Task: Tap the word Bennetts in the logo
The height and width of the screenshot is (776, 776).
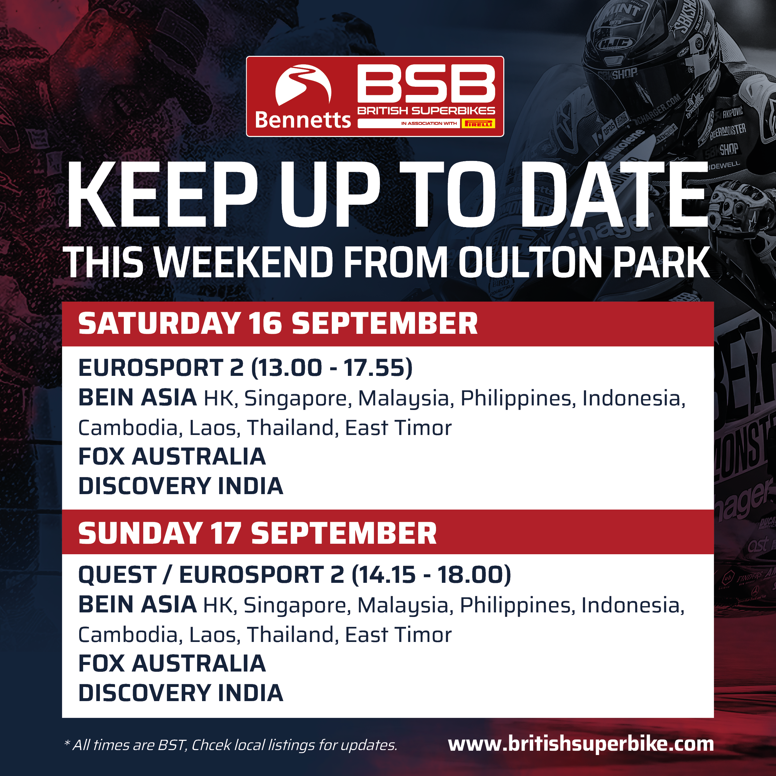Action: pyautogui.click(x=303, y=120)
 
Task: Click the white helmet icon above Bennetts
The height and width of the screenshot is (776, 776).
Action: pyautogui.click(x=303, y=85)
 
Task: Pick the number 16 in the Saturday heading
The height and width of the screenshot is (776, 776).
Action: pyautogui.click(x=265, y=323)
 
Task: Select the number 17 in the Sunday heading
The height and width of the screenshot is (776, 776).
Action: pyautogui.click(x=226, y=534)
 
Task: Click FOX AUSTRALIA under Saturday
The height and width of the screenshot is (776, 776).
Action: pyautogui.click(x=172, y=457)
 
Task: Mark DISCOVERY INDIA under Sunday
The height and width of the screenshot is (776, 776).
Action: pyautogui.click(x=181, y=693)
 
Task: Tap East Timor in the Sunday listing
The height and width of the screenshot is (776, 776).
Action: pyautogui.click(x=399, y=635)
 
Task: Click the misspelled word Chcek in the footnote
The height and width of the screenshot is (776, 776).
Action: pyautogui.click(x=211, y=745)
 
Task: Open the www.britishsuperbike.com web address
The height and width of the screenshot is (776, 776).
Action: pyautogui.click(x=581, y=744)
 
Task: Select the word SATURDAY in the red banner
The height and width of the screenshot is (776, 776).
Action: pyautogui.click(x=159, y=323)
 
